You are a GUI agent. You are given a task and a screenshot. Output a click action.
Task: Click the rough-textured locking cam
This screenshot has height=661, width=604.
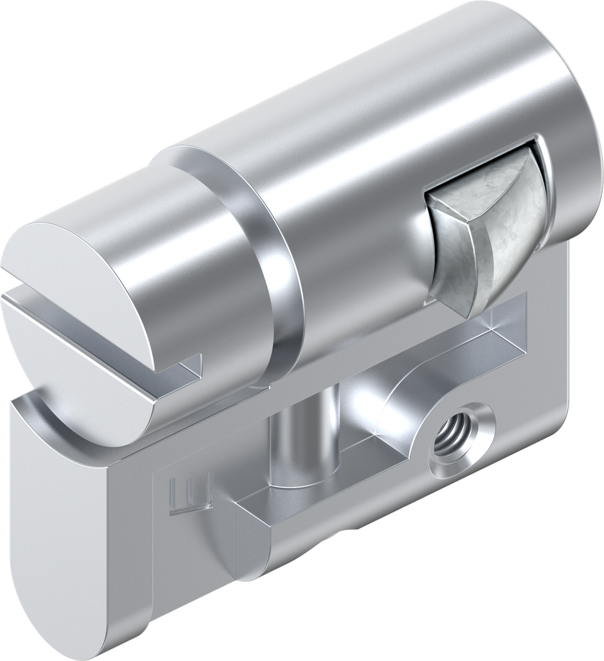pos(484,239)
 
